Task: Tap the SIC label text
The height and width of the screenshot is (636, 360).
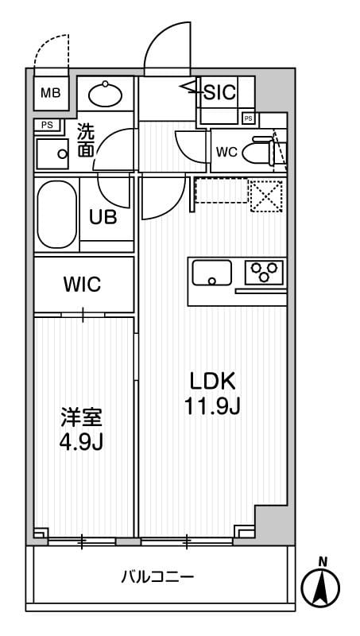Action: [x=219, y=92]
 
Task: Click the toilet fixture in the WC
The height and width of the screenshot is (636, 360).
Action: [x=259, y=149]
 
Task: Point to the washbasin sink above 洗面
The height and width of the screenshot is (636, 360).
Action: [x=105, y=95]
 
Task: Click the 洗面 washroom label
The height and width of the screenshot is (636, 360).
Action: [x=86, y=141]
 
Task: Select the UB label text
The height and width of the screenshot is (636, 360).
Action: [x=103, y=217]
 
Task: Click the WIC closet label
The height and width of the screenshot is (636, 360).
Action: [x=83, y=285]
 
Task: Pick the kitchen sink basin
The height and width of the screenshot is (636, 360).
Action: [x=212, y=272]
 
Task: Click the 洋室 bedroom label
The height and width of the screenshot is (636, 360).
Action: [x=82, y=417]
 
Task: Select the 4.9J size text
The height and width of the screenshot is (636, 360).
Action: [x=82, y=441]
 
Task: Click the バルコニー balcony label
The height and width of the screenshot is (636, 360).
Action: [x=157, y=576]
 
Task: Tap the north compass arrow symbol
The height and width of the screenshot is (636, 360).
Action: [x=321, y=588]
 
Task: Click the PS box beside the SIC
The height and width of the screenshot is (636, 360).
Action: [x=249, y=118]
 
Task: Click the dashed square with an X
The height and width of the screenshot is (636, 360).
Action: [x=266, y=194]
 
